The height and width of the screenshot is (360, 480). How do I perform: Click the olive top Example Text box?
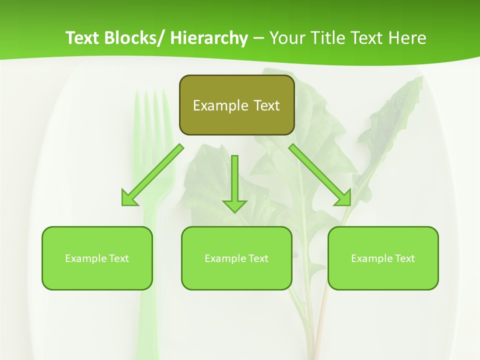[x=236, y=105]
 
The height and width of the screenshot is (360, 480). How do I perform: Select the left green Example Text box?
[x=97, y=258]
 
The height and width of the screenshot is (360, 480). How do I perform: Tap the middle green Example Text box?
[x=236, y=258]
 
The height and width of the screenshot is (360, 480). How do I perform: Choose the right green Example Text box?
[x=383, y=258]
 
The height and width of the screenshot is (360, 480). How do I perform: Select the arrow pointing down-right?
[x=320, y=175]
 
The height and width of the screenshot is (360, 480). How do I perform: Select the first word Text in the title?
[x=83, y=38]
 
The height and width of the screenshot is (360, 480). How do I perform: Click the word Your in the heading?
[x=287, y=38]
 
